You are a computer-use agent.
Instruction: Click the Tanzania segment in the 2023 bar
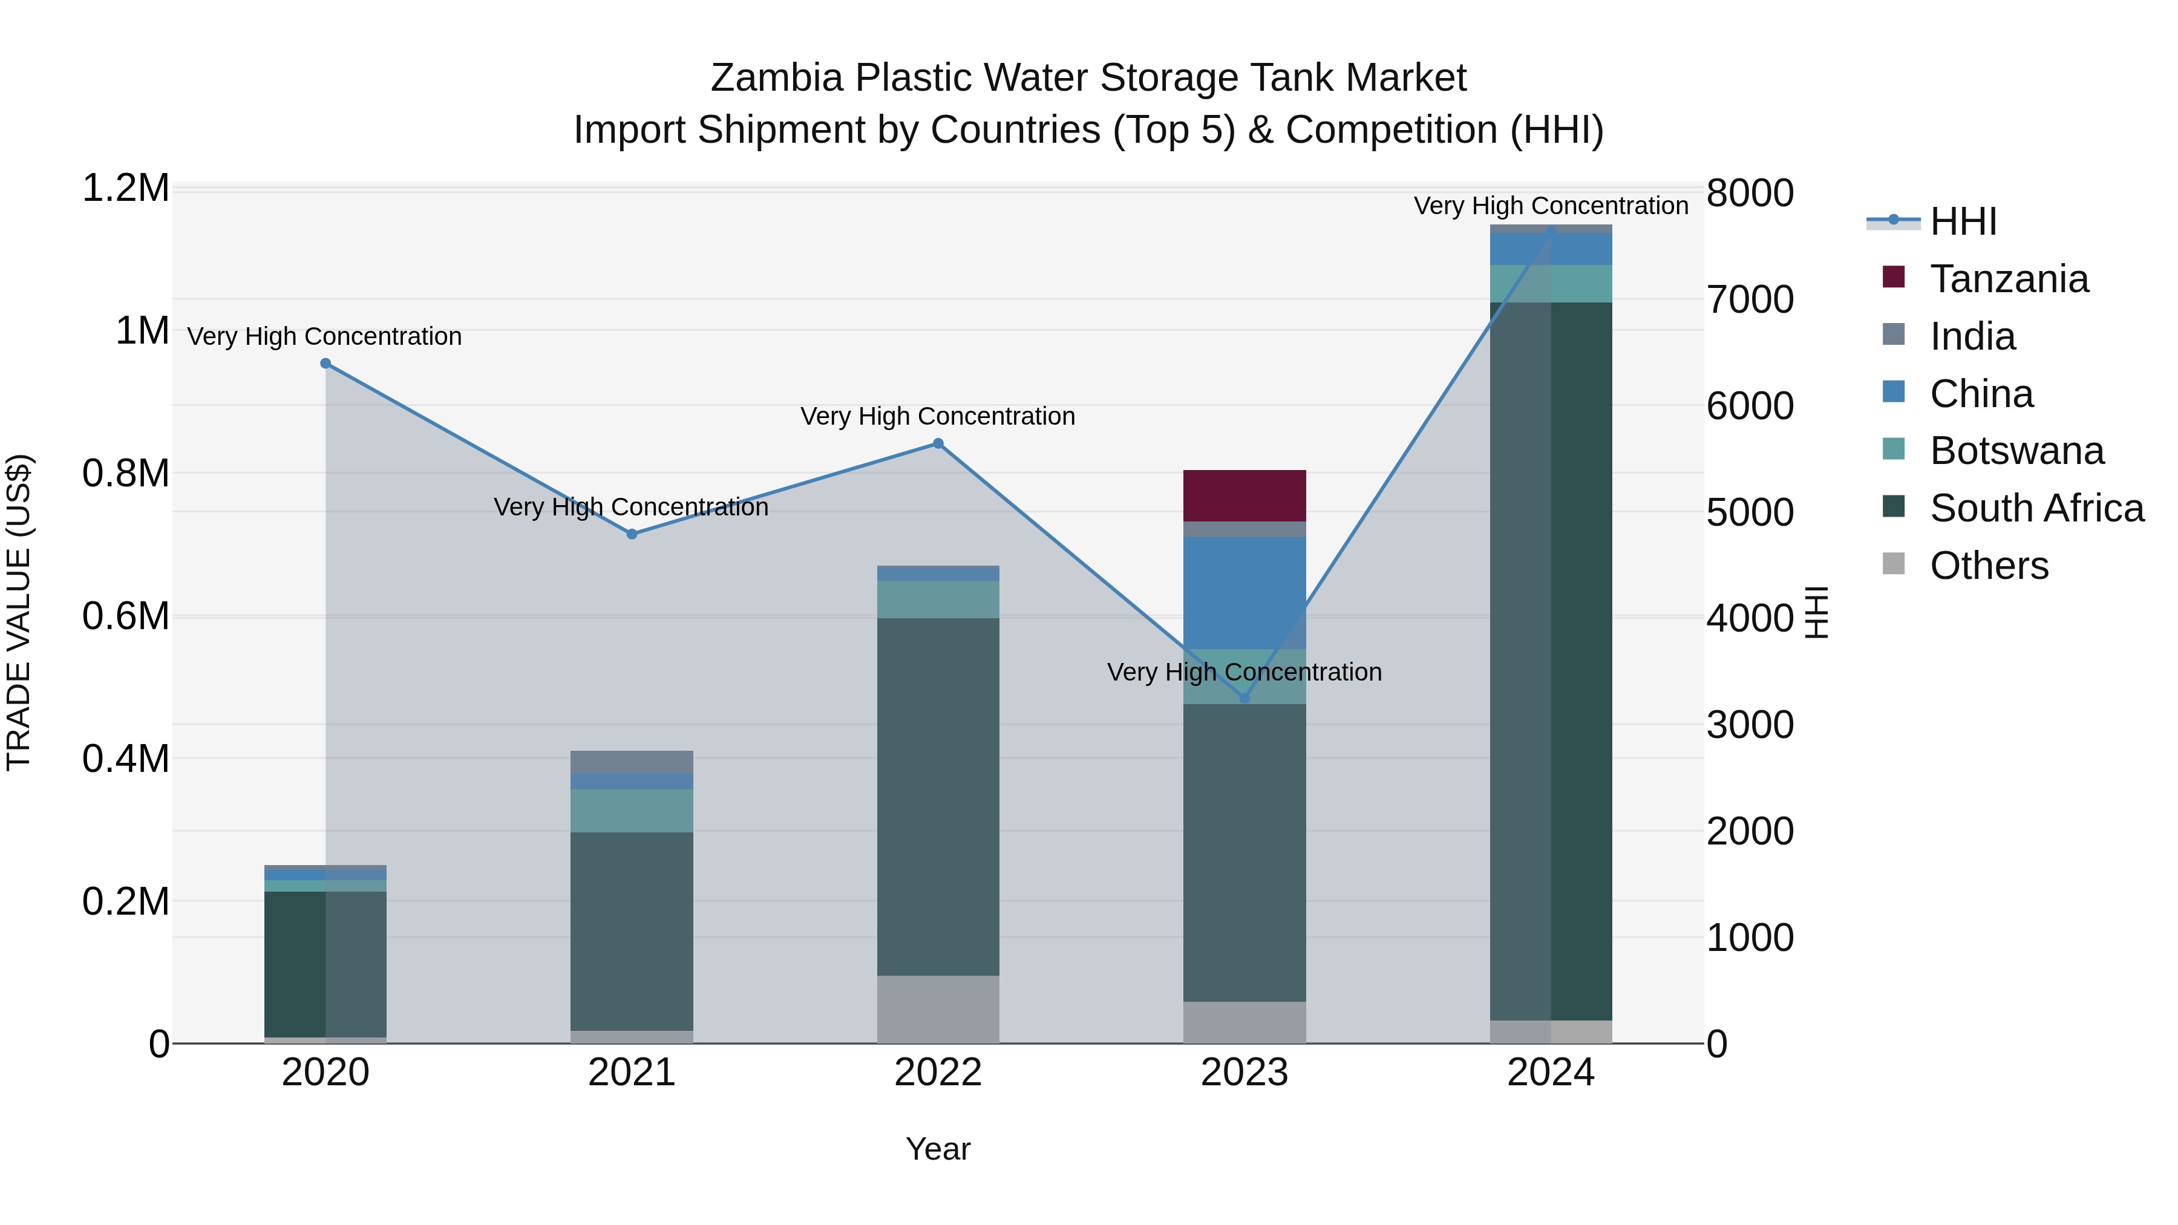click(x=1244, y=495)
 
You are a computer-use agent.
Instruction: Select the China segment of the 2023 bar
click(x=1244, y=592)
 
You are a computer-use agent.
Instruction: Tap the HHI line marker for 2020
click(x=325, y=364)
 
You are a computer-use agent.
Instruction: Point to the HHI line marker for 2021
click(x=632, y=534)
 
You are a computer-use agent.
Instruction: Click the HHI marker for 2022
click(x=938, y=444)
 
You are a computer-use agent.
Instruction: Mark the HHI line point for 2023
click(x=1244, y=698)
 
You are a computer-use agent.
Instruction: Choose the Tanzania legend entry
click(x=2009, y=279)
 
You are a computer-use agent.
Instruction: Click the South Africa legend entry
click(x=2036, y=508)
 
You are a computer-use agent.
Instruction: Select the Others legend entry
click(x=1989, y=566)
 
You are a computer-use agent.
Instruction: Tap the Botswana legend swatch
click(x=1894, y=449)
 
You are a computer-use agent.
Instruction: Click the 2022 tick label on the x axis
click(x=938, y=1073)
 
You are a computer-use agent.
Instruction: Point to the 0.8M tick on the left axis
click(x=126, y=474)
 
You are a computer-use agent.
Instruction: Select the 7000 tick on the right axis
click(x=1749, y=299)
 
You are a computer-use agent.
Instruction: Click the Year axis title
click(x=938, y=1149)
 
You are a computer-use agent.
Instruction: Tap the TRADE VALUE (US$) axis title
click(x=19, y=612)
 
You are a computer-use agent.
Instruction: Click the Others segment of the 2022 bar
click(x=938, y=1010)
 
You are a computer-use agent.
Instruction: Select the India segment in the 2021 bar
click(x=632, y=762)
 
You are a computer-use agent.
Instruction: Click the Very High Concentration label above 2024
click(x=1551, y=206)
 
